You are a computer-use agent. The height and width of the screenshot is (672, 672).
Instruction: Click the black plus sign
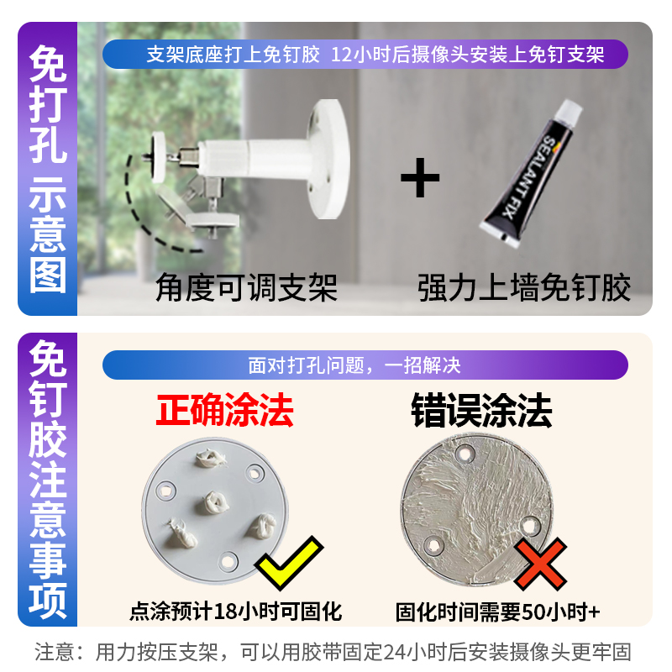point(420,177)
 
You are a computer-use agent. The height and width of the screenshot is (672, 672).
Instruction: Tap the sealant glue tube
point(531,174)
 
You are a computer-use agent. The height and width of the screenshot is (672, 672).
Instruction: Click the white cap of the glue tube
point(570,113)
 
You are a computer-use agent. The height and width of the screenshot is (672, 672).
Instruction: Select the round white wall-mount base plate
point(329,159)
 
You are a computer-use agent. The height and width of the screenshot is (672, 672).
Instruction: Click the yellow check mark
point(289,563)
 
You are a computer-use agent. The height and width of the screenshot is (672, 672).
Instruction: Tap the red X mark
point(540,564)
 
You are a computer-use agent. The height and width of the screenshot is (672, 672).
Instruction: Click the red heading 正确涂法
point(224,410)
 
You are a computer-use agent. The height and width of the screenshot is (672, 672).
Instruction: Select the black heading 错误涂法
point(481,410)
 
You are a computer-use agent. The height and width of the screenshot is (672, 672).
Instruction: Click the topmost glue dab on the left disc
point(210,459)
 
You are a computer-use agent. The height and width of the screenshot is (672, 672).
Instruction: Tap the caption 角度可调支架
point(246,287)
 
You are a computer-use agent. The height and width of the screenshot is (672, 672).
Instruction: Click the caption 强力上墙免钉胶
point(523,287)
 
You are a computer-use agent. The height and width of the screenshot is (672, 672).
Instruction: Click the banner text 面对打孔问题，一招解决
point(354,365)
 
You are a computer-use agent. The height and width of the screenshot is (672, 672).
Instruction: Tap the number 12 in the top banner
point(342,55)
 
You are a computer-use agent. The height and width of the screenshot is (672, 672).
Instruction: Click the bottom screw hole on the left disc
point(228,560)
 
